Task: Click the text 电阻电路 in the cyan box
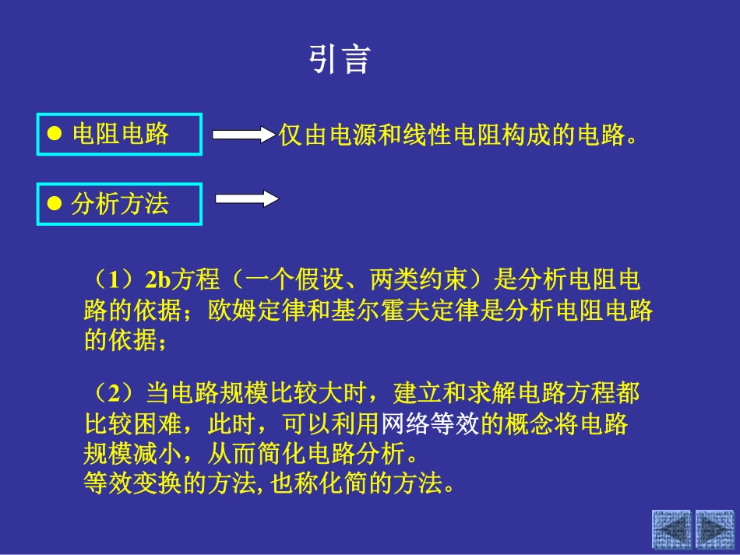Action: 120,134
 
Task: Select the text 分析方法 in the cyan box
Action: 120,204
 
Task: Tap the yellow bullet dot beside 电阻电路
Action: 55,134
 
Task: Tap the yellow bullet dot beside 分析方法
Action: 55,204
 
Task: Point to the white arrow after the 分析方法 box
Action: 247,199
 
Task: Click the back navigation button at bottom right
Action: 671,529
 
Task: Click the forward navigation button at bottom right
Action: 714,529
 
